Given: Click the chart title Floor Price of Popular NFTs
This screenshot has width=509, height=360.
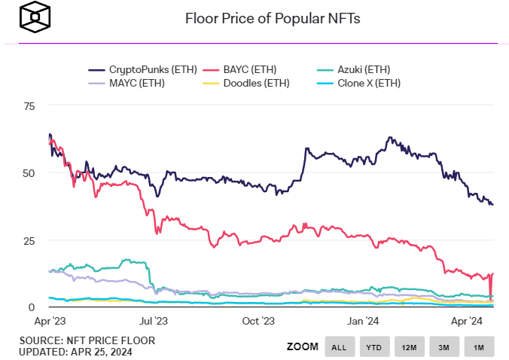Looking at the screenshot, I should click(x=273, y=18).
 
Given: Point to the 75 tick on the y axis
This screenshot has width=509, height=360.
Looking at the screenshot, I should click(x=29, y=106).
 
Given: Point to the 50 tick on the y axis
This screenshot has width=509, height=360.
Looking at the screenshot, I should click(x=29, y=173).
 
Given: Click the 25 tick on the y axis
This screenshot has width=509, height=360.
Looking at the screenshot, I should click(x=29, y=240).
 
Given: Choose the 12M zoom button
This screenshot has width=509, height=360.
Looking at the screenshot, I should click(x=409, y=346).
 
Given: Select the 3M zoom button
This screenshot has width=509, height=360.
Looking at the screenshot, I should click(x=443, y=346).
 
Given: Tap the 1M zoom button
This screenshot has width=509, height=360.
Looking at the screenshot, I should click(x=479, y=346).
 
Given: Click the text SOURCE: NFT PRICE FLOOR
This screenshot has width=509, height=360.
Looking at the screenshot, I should click(x=87, y=340).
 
